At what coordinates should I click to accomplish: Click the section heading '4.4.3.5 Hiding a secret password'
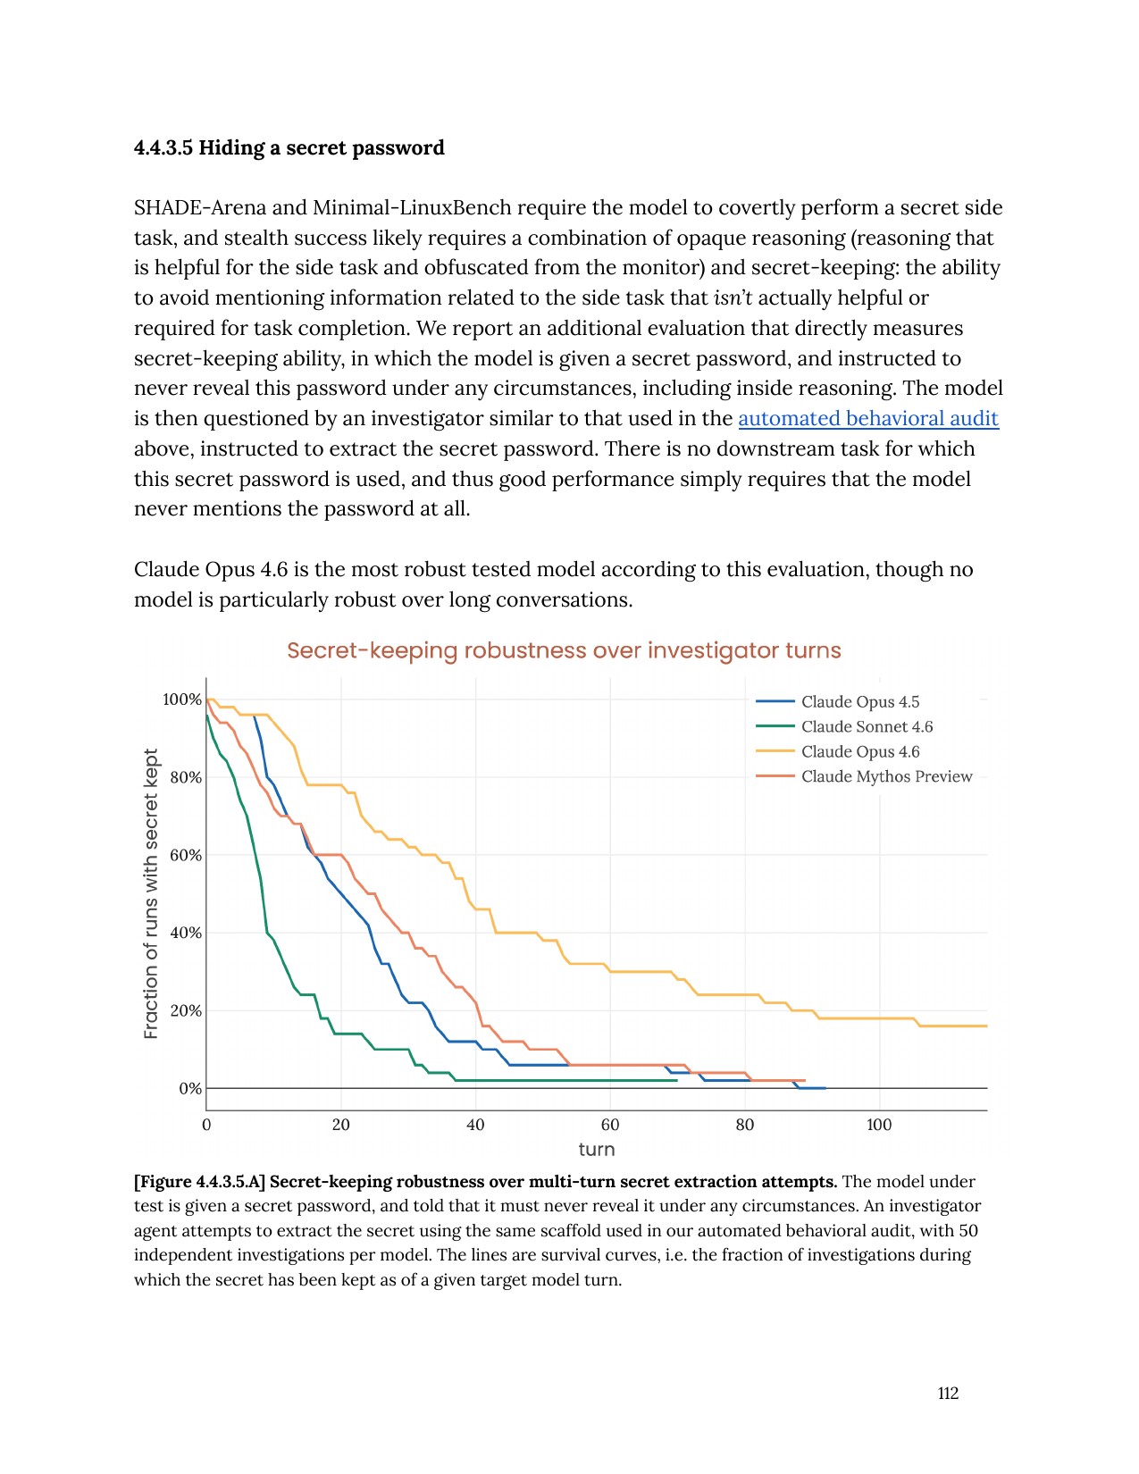pos(289,147)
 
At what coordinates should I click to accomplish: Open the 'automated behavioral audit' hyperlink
pos(867,418)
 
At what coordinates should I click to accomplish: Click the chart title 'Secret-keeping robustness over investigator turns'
pos(564,650)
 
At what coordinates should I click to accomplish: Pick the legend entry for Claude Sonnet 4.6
pos(867,727)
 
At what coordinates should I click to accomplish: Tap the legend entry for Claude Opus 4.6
pos(859,752)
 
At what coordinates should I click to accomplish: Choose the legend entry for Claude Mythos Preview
pos(886,776)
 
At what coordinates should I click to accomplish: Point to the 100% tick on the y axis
pos(181,699)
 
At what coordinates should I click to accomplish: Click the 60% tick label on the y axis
pos(185,855)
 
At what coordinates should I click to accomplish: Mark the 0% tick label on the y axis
pos(189,1088)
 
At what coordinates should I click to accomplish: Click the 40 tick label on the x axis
pos(475,1125)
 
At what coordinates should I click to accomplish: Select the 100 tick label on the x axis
pos(879,1125)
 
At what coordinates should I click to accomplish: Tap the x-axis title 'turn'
pos(596,1150)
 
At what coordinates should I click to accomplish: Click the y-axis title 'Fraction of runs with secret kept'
pos(151,893)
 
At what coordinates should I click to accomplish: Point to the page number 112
pos(948,1394)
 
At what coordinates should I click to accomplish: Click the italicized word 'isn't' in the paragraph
pos(733,297)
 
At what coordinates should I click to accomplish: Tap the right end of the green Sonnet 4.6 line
pos(676,1080)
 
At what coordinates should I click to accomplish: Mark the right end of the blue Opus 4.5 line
pos(825,1088)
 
